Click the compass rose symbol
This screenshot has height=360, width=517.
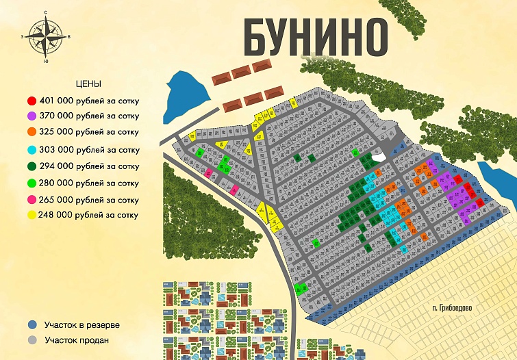pos(46,36)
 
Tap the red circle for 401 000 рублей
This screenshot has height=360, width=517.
pos(32,99)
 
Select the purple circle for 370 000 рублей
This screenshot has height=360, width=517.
pos(32,116)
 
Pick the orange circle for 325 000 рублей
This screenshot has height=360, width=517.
pos(32,131)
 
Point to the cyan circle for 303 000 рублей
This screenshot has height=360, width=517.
pos(32,149)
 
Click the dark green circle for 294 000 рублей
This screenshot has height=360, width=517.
pos(32,166)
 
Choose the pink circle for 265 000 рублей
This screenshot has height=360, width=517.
pos(32,200)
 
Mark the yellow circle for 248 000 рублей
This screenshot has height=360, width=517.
pos(32,215)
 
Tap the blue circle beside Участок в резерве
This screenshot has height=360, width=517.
pos(32,324)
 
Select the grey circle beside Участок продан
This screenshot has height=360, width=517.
pos(32,339)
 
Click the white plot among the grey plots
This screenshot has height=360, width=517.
pos(377,157)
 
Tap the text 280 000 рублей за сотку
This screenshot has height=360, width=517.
pos(92,183)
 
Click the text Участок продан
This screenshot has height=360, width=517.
pos(77,339)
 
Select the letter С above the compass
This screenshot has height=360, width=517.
pos(45,13)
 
